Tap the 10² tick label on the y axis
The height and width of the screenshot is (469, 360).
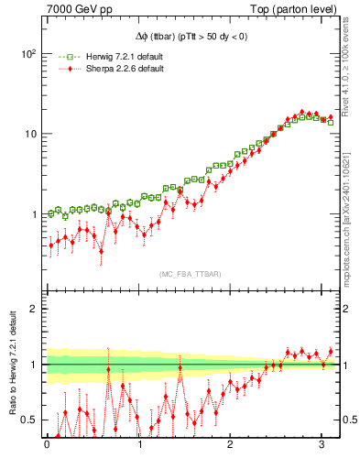[28, 54]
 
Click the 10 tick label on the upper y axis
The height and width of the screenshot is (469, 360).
[30, 134]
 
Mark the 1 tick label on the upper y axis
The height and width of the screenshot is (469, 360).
[33, 214]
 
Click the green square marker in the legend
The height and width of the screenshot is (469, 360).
[64, 56]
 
